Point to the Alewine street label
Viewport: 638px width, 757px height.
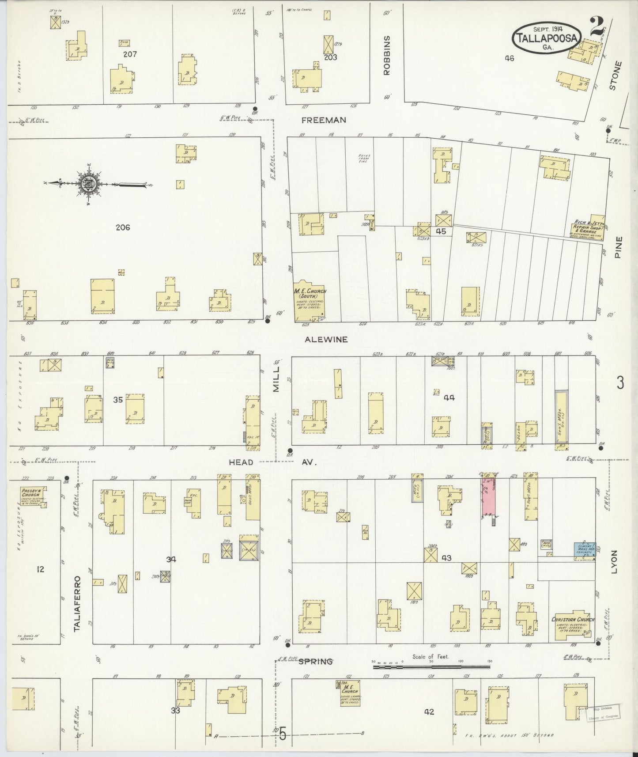[x=326, y=340]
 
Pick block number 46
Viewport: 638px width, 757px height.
[x=510, y=57]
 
